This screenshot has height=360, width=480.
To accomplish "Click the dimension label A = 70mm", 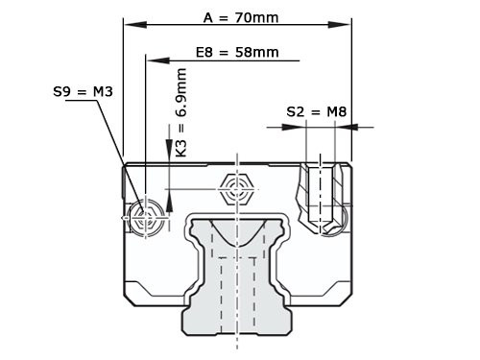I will (236, 16).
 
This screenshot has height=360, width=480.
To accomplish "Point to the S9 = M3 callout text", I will (84, 92).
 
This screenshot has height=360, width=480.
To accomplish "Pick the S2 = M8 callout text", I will (317, 112).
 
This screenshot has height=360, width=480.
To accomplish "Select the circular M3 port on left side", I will (146, 217).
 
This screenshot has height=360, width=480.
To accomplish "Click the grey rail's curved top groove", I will (236, 230).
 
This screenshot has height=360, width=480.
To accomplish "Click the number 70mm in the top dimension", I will (260, 16).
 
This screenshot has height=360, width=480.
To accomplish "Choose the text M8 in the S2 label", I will (336, 112).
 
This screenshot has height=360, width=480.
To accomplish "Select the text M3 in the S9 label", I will (103, 92).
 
